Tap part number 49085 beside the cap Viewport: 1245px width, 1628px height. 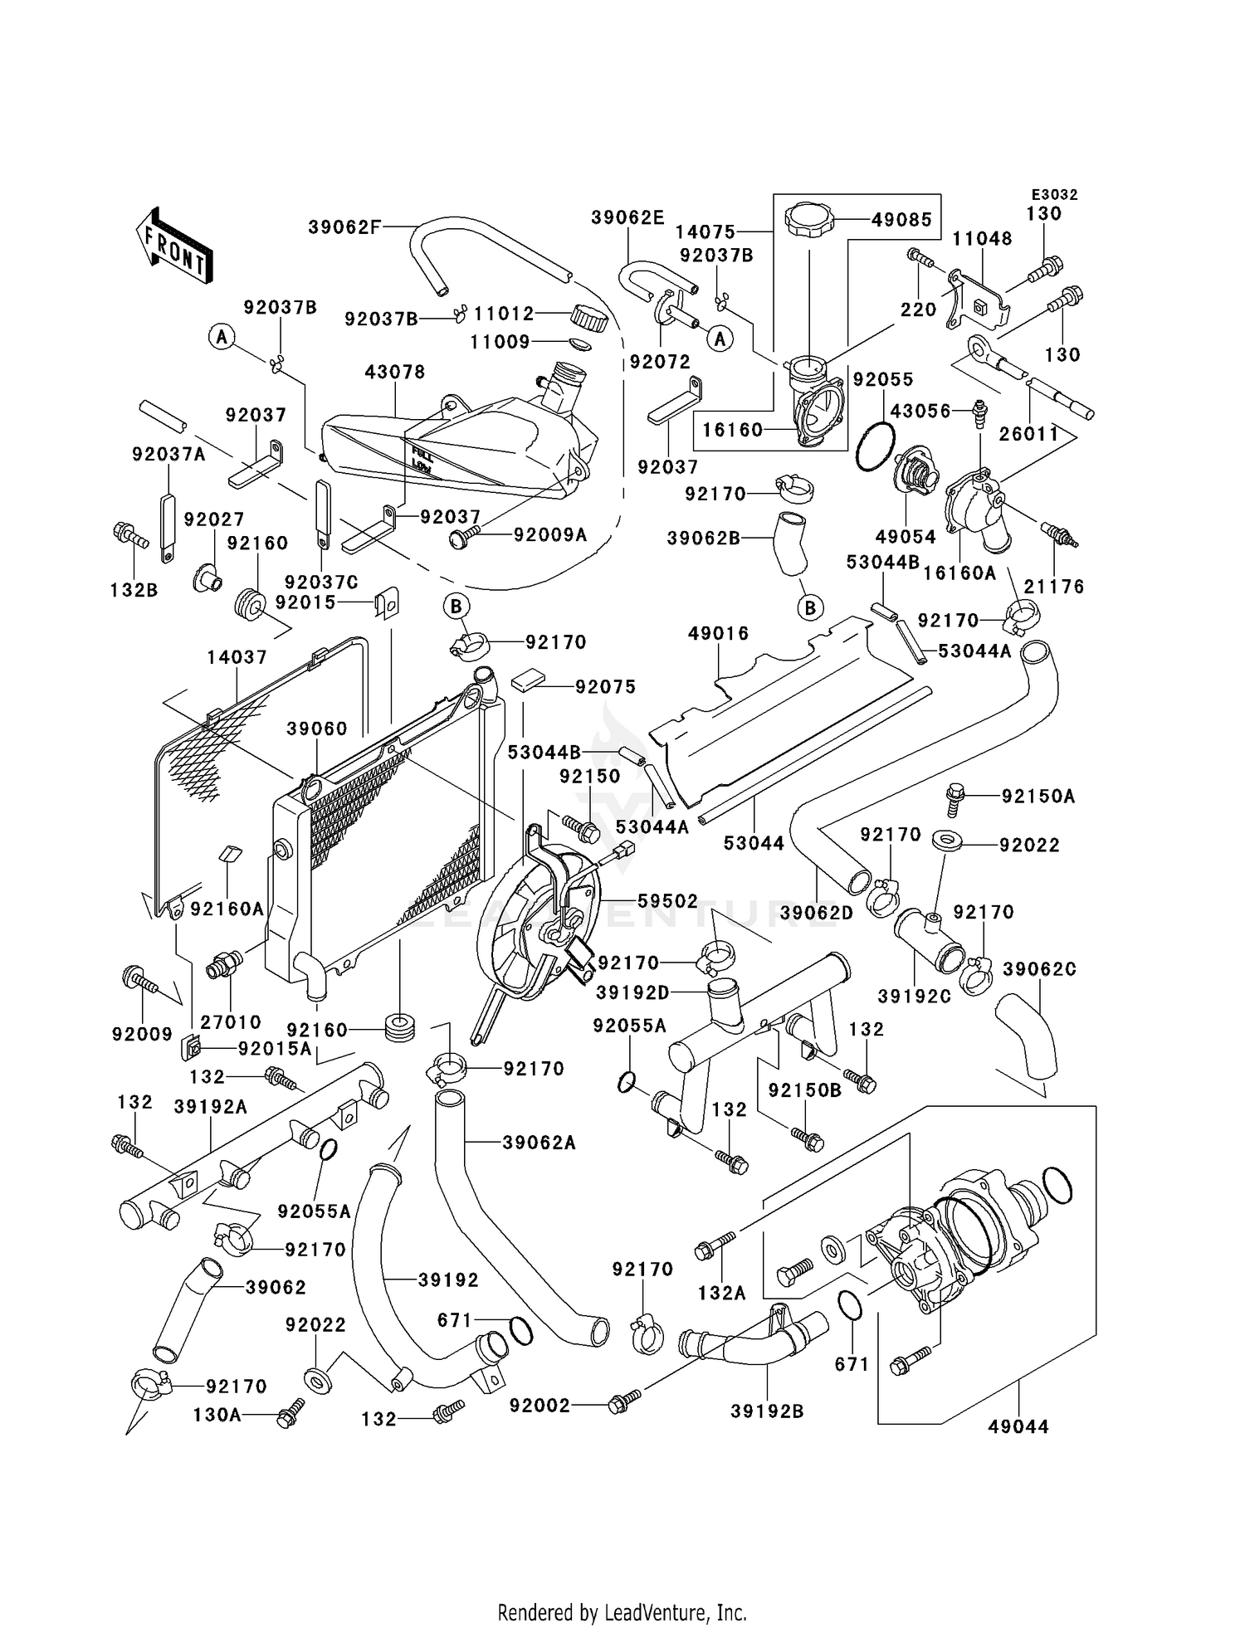(x=901, y=221)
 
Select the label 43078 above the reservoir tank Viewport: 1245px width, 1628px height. (x=395, y=372)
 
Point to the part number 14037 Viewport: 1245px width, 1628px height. (x=237, y=657)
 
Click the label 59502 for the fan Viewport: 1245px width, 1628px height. (x=667, y=901)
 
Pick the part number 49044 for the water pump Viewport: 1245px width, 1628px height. (x=1018, y=1426)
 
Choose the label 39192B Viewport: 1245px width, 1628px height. (x=767, y=1411)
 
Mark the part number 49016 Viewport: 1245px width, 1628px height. (x=718, y=633)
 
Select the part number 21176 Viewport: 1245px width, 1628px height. (x=1054, y=587)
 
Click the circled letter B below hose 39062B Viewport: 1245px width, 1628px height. (x=810, y=607)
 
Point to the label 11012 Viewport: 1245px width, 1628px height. (x=504, y=314)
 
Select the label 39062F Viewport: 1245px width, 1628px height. (x=344, y=227)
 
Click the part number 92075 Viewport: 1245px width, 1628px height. (x=606, y=686)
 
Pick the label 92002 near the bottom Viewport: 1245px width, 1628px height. (x=540, y=1405)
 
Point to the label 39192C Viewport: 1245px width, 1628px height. (x=915, y=996)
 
